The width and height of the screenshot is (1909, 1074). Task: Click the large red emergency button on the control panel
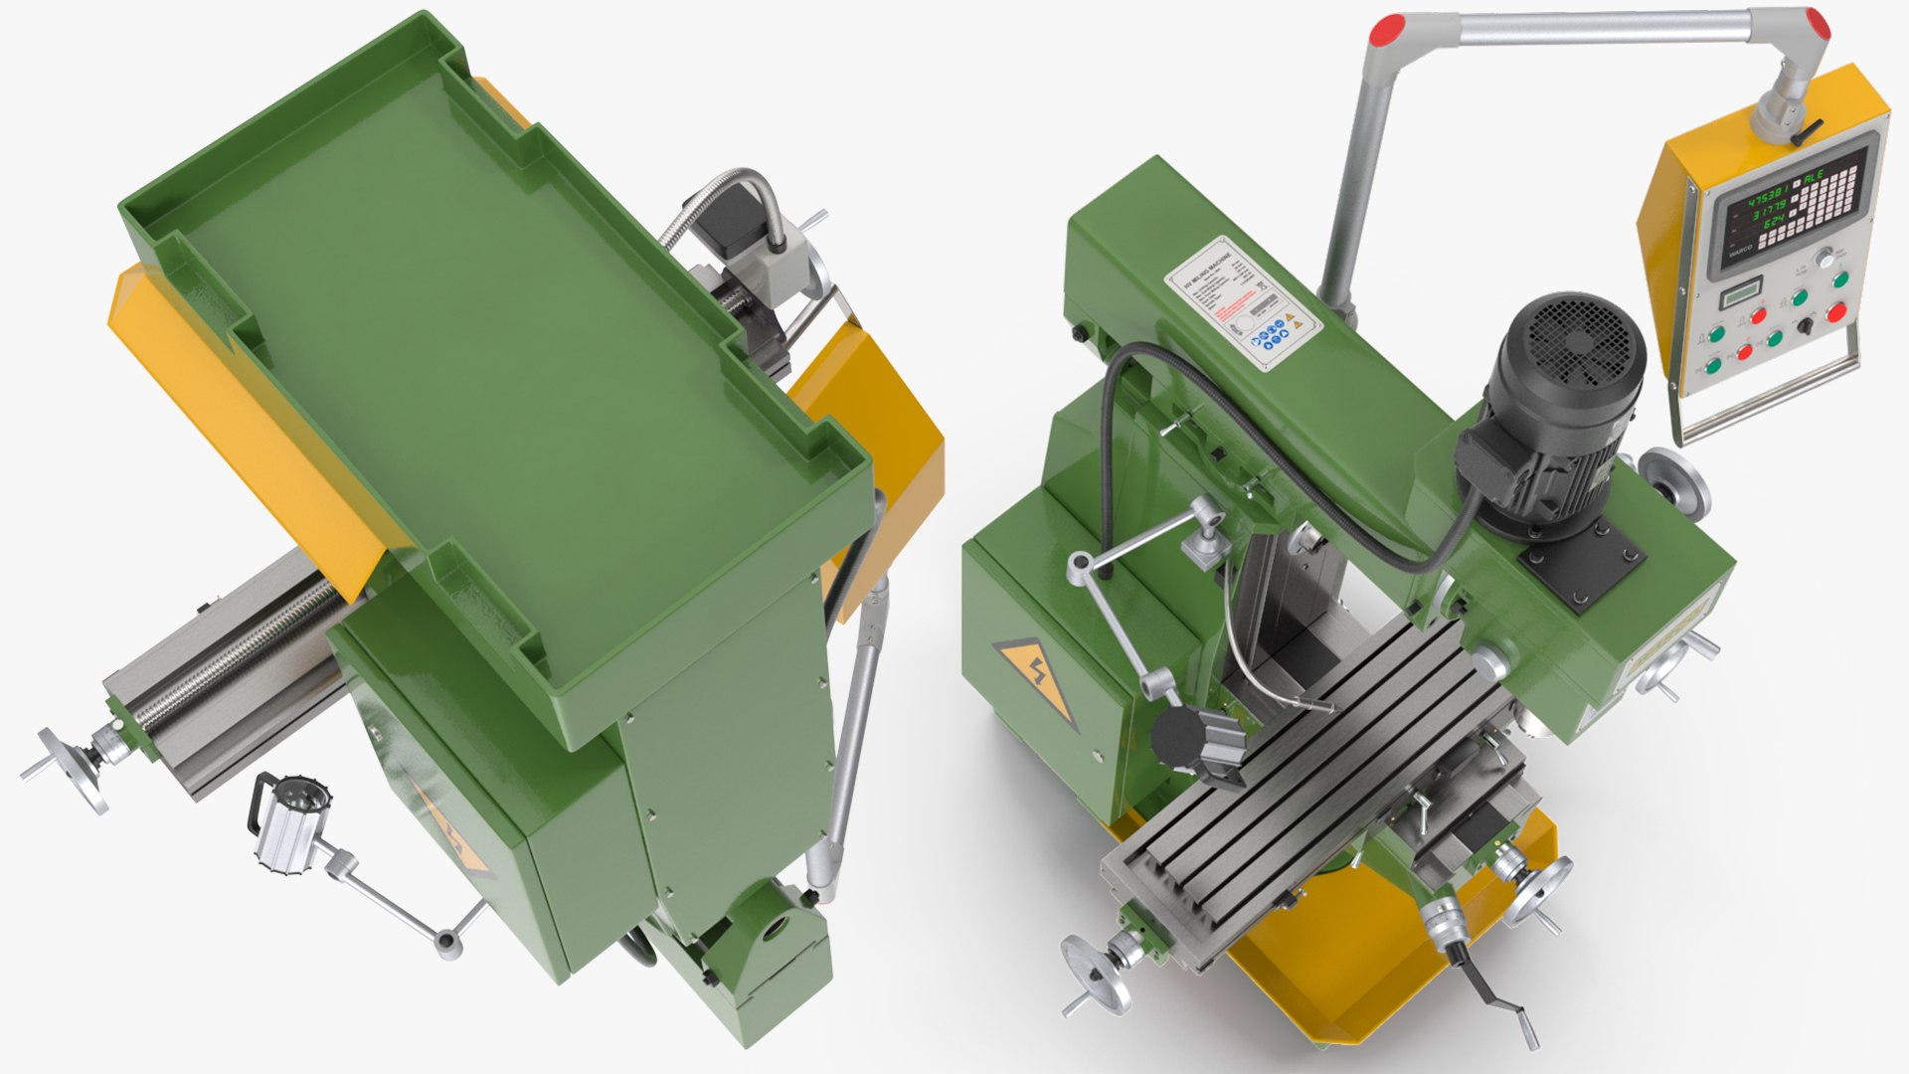(1836, 313)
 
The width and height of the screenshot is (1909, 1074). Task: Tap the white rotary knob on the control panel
(1824, 259)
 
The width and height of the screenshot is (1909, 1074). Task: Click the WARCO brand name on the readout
(1740, 253)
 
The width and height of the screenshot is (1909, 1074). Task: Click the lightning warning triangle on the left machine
(452, 830)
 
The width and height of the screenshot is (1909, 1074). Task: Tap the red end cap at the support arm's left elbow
(1386, 31)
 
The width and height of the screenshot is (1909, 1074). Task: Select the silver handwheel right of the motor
(1678, 482)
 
